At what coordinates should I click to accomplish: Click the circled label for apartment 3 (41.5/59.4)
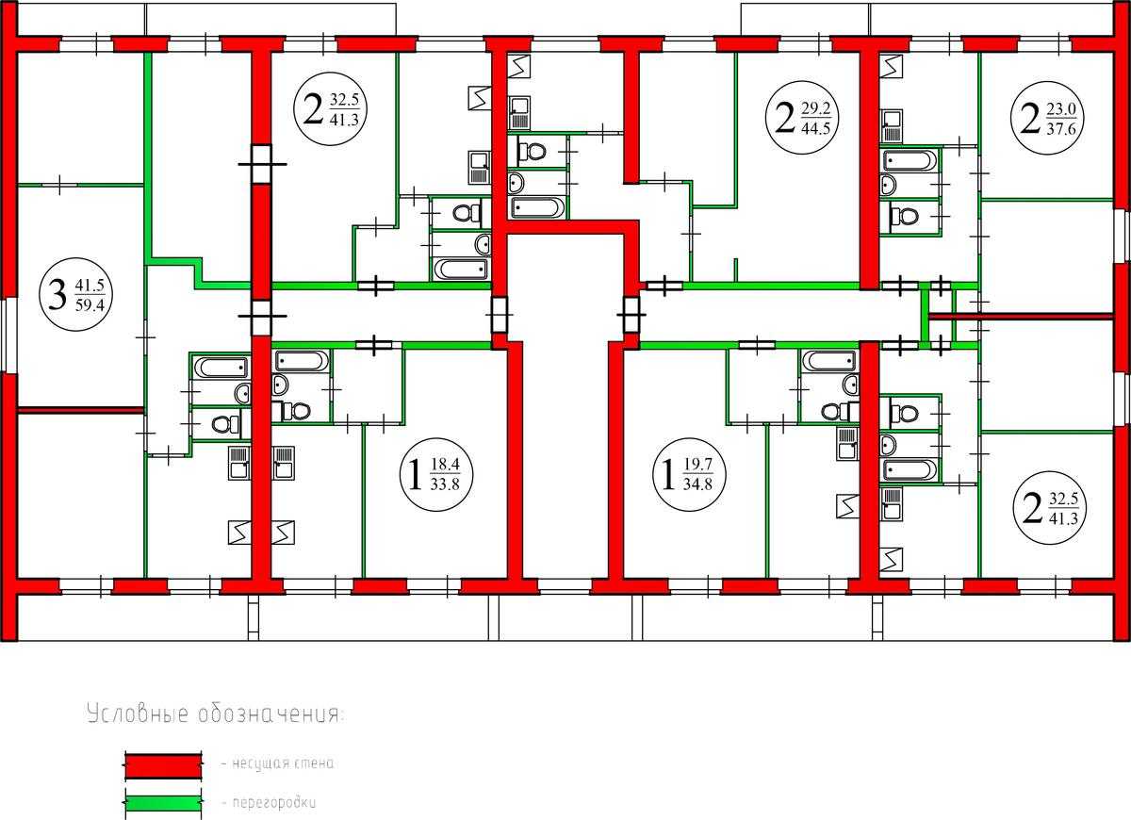(x=75, y=294)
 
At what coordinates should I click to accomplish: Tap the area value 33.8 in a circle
(x=445, y=484)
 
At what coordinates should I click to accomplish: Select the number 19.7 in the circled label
(x=697, y=464)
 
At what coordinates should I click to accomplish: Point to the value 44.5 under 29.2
(x=816, y=128)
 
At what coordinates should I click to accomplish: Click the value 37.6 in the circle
(x=1061, y=129)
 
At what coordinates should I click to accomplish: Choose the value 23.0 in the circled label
(x=1061, y=109)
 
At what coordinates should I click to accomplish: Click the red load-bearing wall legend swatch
(x=162, y=766)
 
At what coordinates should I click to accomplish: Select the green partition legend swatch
(x=162, y=803)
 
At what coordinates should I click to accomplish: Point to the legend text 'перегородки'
(x=274, y=802)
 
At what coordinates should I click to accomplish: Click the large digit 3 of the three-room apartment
(x=57, y=295)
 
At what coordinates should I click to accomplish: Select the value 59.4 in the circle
(x=90, y=305)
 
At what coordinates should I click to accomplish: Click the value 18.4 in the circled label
(x=445, y=464)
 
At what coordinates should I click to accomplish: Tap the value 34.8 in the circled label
(x=697, y=484)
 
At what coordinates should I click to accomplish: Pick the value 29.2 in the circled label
(x=816, y=108)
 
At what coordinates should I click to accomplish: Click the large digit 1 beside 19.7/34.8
(x=668, y=474)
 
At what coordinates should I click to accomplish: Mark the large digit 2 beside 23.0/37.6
(x=1030, y=119)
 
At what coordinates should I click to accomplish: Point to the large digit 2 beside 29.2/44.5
(x=784, y=118)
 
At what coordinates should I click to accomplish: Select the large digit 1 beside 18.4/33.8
(x=415, y=475)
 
